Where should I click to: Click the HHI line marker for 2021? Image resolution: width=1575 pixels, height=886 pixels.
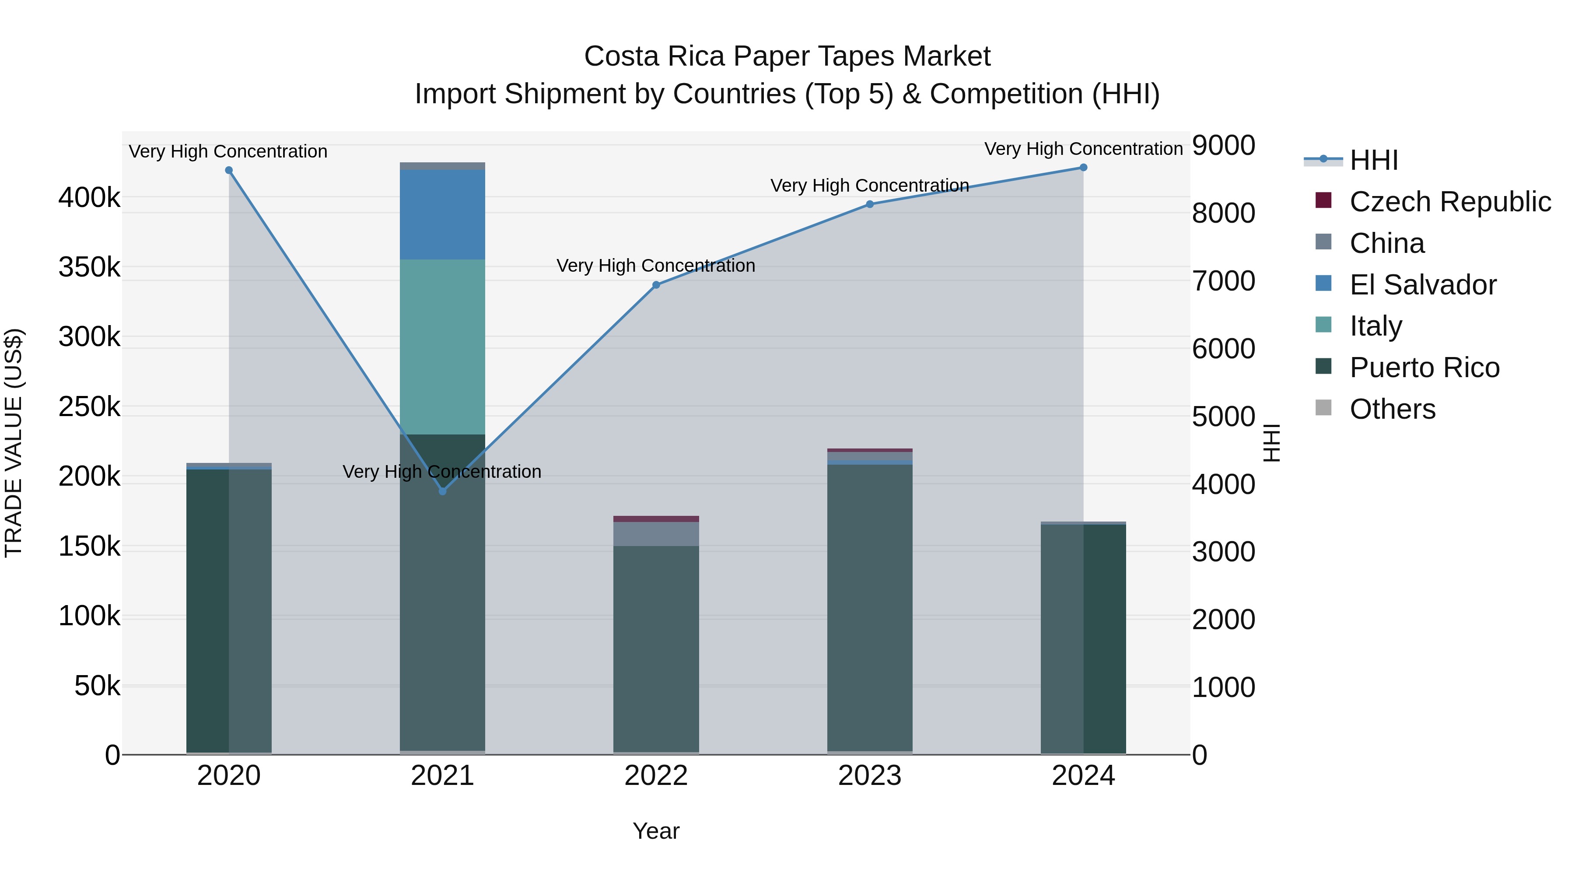pos(443,491)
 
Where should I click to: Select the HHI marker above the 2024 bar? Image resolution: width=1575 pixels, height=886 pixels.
pos(1083,168)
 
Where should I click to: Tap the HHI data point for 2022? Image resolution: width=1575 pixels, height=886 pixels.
pos(656,285)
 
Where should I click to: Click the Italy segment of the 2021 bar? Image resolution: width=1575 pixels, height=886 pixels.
pos(443,347)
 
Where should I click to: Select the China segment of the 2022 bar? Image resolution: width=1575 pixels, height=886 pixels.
pos(656,534)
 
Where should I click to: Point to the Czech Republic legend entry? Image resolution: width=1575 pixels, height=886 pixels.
pos(1450,202)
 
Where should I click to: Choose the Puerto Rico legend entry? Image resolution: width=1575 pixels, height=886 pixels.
pos(1424,368)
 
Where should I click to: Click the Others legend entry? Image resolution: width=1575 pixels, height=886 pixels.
pos(1392,409)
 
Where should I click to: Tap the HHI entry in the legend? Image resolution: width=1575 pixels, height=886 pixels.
pos(1373,160)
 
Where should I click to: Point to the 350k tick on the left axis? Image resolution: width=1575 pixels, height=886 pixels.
pos(89,267)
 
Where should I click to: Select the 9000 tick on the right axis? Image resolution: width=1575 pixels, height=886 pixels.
pos(1223,146)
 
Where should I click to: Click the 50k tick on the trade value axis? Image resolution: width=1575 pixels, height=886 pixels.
pos(97,686)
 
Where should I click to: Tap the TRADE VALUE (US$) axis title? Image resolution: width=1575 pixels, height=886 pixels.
pos(14,443)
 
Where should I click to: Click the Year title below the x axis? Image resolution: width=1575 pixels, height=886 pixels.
pos(656,831)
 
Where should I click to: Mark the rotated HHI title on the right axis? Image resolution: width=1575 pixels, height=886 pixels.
pos(1272,443)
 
